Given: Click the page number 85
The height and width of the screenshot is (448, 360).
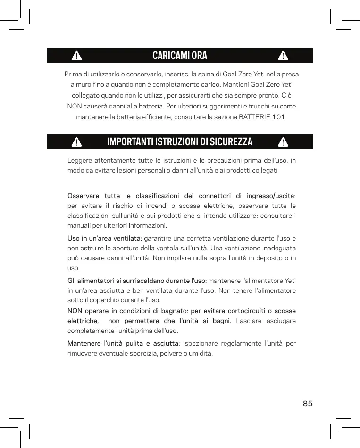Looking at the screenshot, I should [x=308, y=403].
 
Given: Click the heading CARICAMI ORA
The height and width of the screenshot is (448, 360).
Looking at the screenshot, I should [x=180, y=56].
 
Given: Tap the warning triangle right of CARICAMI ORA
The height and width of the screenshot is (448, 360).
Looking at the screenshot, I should [x=283, y=56].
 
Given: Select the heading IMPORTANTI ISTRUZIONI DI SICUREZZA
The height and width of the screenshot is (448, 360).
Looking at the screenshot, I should [x=180, y=142].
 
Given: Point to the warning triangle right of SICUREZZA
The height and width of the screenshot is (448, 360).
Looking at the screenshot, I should [x=283, y=142].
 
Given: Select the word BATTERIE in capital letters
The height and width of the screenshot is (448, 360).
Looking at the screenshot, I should [x=255, y=116].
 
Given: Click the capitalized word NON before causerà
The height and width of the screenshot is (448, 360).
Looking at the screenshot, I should [x=75, y=106].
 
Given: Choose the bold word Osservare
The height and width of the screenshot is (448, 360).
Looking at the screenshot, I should [x=83, y=196].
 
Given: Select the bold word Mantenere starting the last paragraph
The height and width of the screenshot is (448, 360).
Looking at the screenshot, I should [x=84, y=343].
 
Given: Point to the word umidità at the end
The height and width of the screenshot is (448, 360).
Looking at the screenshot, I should [x=201, y=353].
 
